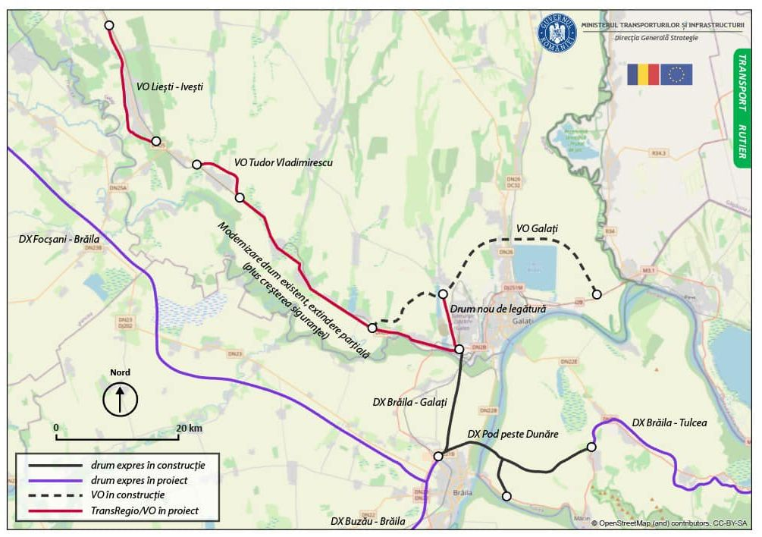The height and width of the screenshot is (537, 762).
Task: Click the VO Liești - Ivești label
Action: pos(170,87)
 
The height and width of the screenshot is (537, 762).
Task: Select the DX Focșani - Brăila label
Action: pos(59,238)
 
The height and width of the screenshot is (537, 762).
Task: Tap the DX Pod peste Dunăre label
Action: pos(513,434)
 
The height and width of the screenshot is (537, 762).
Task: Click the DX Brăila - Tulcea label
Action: pos(669,422)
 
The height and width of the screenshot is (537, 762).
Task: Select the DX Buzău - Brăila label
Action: pos(368,522)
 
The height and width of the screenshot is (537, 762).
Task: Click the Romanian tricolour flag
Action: pos(642,74)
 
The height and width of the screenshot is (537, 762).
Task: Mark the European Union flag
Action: pos(676,74)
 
